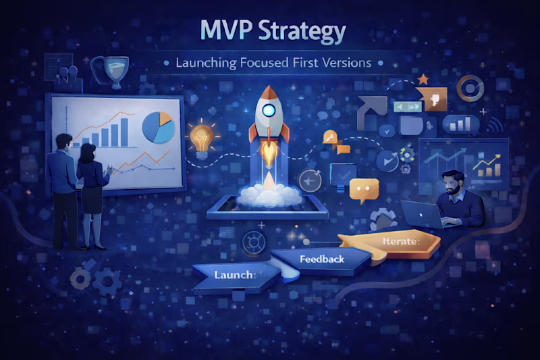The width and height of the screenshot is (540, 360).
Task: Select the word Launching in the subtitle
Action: [205, 64]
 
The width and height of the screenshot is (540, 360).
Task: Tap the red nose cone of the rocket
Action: [269, 93]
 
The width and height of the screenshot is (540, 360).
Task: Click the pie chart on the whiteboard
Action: [159, 126]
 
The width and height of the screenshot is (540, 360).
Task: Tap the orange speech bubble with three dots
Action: [364, 189]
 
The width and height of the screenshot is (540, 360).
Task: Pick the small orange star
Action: [423, 80]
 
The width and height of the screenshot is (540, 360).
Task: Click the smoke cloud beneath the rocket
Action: [269, 194]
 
